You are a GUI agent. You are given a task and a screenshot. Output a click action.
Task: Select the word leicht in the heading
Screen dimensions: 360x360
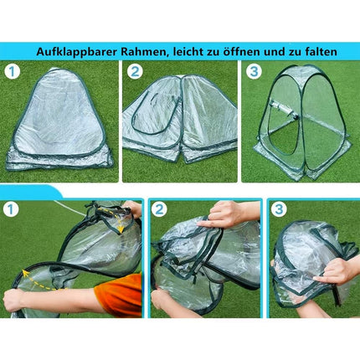pos(199,52)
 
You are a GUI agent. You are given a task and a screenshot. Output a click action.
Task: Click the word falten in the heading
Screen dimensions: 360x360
pos(321,52)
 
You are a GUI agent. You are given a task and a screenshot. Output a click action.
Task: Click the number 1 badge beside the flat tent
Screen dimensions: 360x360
pos(13,72)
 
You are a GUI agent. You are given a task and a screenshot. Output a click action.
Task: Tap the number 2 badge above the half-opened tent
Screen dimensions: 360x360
pos(136,72)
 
